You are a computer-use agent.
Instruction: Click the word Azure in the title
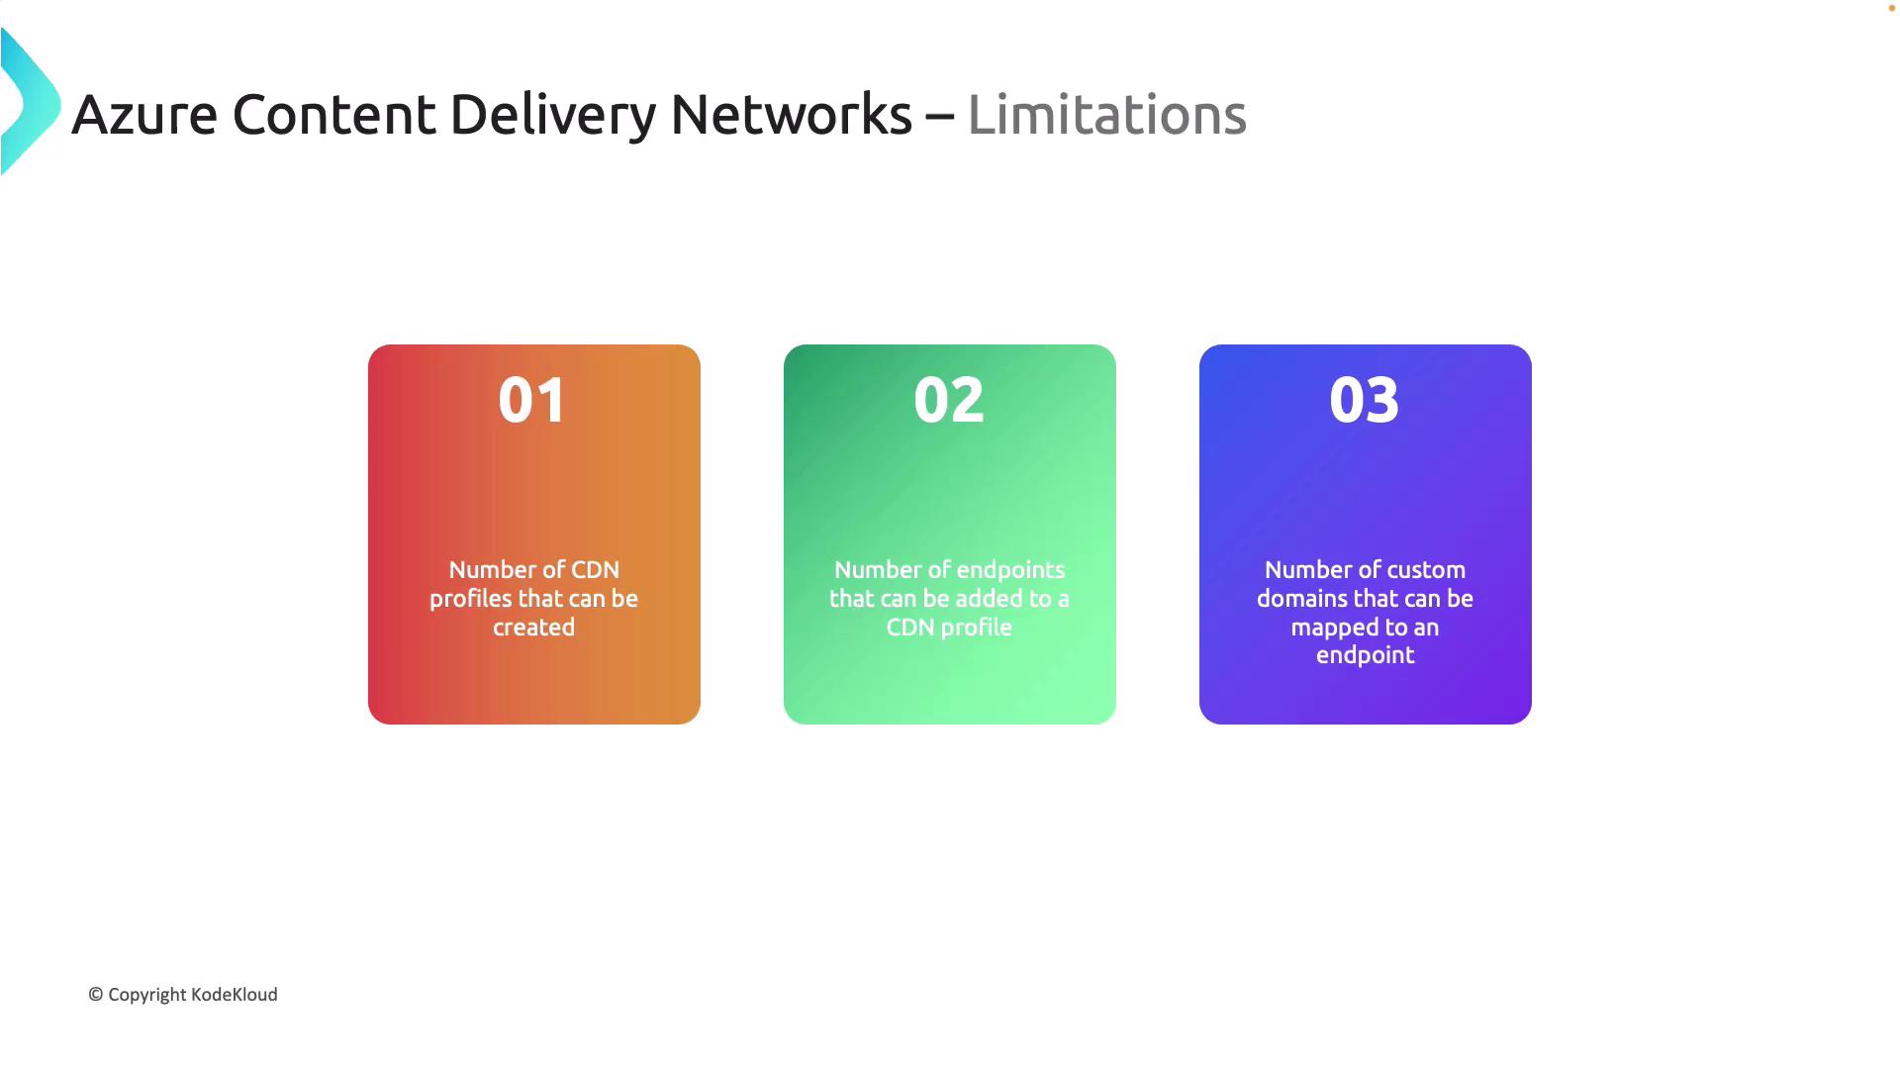tap(144, 114)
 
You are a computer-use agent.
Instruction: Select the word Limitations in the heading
tap(1106, 114)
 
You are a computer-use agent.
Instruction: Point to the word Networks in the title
tap(791, 114)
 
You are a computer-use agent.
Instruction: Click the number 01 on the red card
tap(533, 400)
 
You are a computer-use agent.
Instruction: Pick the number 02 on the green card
tap(949, 400)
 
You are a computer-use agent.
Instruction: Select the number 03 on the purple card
tap(1365, 400)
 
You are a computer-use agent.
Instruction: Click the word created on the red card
tap(534, 628)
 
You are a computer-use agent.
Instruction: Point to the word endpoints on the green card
tap(1010, 571)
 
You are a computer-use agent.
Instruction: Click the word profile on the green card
tap(976, 629)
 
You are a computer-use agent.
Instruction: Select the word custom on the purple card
tap(1428, 570)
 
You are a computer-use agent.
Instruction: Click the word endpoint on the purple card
tap(1366, 656)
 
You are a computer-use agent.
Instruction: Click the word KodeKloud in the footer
tap(235, 995)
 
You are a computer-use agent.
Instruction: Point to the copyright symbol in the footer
tap(96, 995)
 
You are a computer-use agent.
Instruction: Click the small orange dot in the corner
tap(1891, 8)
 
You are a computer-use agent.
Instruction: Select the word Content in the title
tap(333, 114)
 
